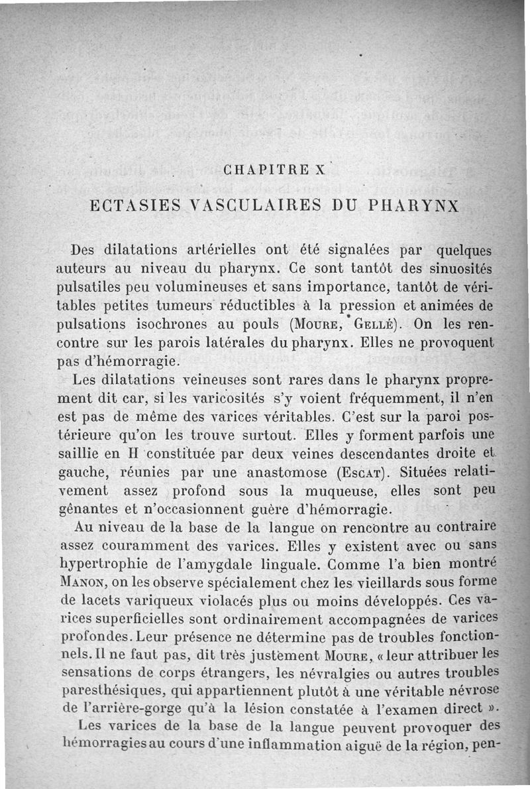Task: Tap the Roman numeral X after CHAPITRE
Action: [x=321, y=168]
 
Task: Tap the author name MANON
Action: [x=81, y=583]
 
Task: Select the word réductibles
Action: [x=245, y=306]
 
